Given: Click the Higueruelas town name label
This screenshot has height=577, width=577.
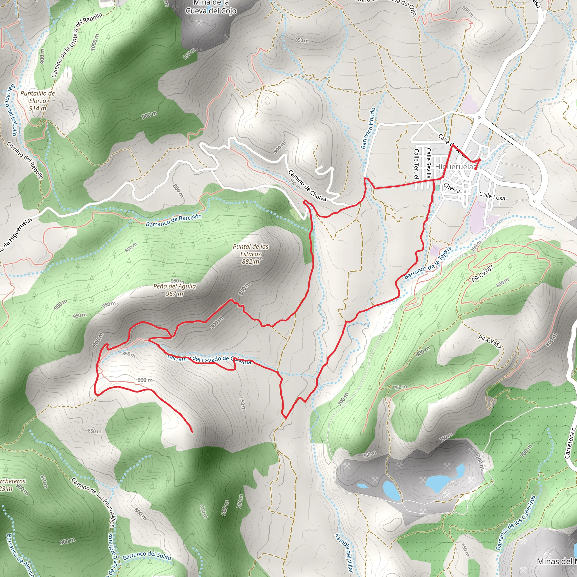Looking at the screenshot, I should (x=455, y=167).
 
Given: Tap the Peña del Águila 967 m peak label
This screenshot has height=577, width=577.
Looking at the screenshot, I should (x=174, y=290).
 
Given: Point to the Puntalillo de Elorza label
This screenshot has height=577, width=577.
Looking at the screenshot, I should (x=38, y=101).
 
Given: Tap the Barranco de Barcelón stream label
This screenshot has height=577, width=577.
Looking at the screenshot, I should (x=174, y=220).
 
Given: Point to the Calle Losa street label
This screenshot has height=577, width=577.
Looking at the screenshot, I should (x=492, y=196).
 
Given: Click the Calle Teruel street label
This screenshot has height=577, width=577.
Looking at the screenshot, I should (x=416, y=164).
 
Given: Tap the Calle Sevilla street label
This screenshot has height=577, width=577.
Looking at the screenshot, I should (x=429, y=163).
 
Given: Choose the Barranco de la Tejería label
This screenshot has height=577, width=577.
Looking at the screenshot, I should (x=428, y=263).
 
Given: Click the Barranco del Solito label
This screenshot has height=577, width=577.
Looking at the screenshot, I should (x=147, y=556).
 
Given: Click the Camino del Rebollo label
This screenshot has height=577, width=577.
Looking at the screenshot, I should (x=25, y=161).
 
